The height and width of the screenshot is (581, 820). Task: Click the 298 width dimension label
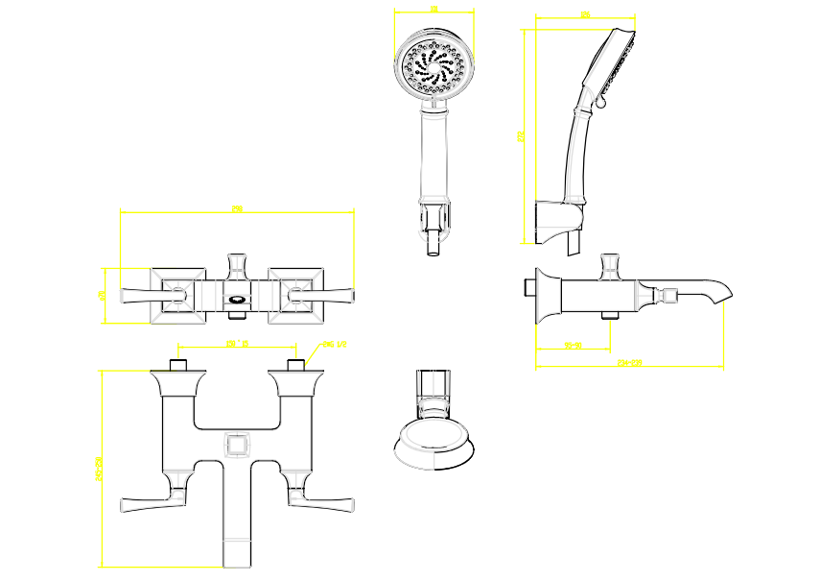coord(237,208)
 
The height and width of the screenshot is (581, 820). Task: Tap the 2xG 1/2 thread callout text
coord(334,344)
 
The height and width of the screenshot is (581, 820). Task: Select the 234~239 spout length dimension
coord(629,363)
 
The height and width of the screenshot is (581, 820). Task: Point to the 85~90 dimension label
coord(574,344)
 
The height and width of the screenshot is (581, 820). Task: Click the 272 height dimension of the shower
coord(521,136)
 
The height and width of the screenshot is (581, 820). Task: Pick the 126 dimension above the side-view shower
coord(584,14)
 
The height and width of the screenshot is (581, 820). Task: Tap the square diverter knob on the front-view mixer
coord(236,447)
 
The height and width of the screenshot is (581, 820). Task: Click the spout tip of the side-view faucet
coord(724,294)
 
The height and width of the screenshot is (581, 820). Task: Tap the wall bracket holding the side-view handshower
coord(557,221)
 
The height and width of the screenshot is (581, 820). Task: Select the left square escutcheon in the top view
coord(176,293)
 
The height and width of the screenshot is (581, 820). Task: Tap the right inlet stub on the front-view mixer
coord(295,364)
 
